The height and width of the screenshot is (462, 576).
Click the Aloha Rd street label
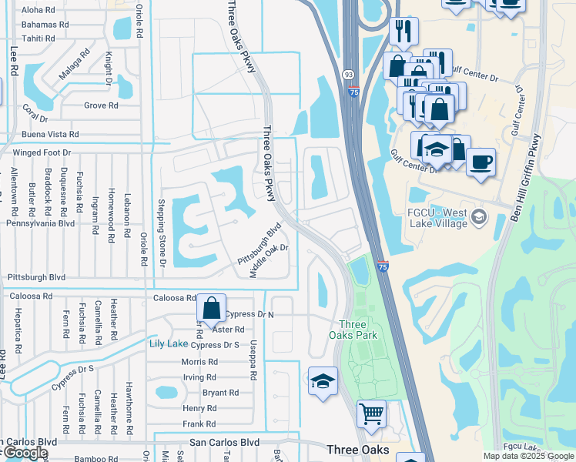[39, 11]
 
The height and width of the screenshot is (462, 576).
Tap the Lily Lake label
[168, 343]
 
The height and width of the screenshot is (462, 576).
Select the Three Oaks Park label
[353, 329]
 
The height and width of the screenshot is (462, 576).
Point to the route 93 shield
[349, 75]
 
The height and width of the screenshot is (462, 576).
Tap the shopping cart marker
[371, 414]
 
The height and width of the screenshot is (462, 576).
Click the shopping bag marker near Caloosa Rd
[211, 308]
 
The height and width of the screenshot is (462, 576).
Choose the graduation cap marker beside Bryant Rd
[323, 380]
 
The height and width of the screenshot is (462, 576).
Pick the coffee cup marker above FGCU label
[481, 162]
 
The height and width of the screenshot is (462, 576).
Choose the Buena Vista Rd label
[51, 135]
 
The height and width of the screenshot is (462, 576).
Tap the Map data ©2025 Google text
[527, 456]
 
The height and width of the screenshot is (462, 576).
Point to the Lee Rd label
[14, 59]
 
